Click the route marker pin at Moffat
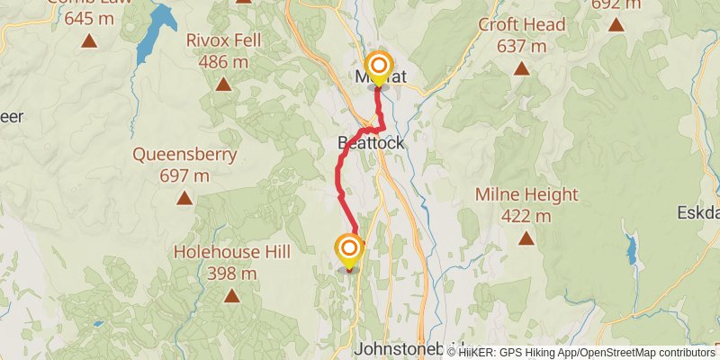(380, 67)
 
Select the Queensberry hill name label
(184, 154)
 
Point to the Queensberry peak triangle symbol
(184, 197)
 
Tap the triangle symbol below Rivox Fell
(222, 85)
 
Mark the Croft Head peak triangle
(519, 67)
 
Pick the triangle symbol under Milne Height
(526, 238)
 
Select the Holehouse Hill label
(231, 251)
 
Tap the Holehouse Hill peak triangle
(231, 294)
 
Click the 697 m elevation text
(184, 175)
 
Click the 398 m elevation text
(231, 273)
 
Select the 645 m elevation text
(89, 17)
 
